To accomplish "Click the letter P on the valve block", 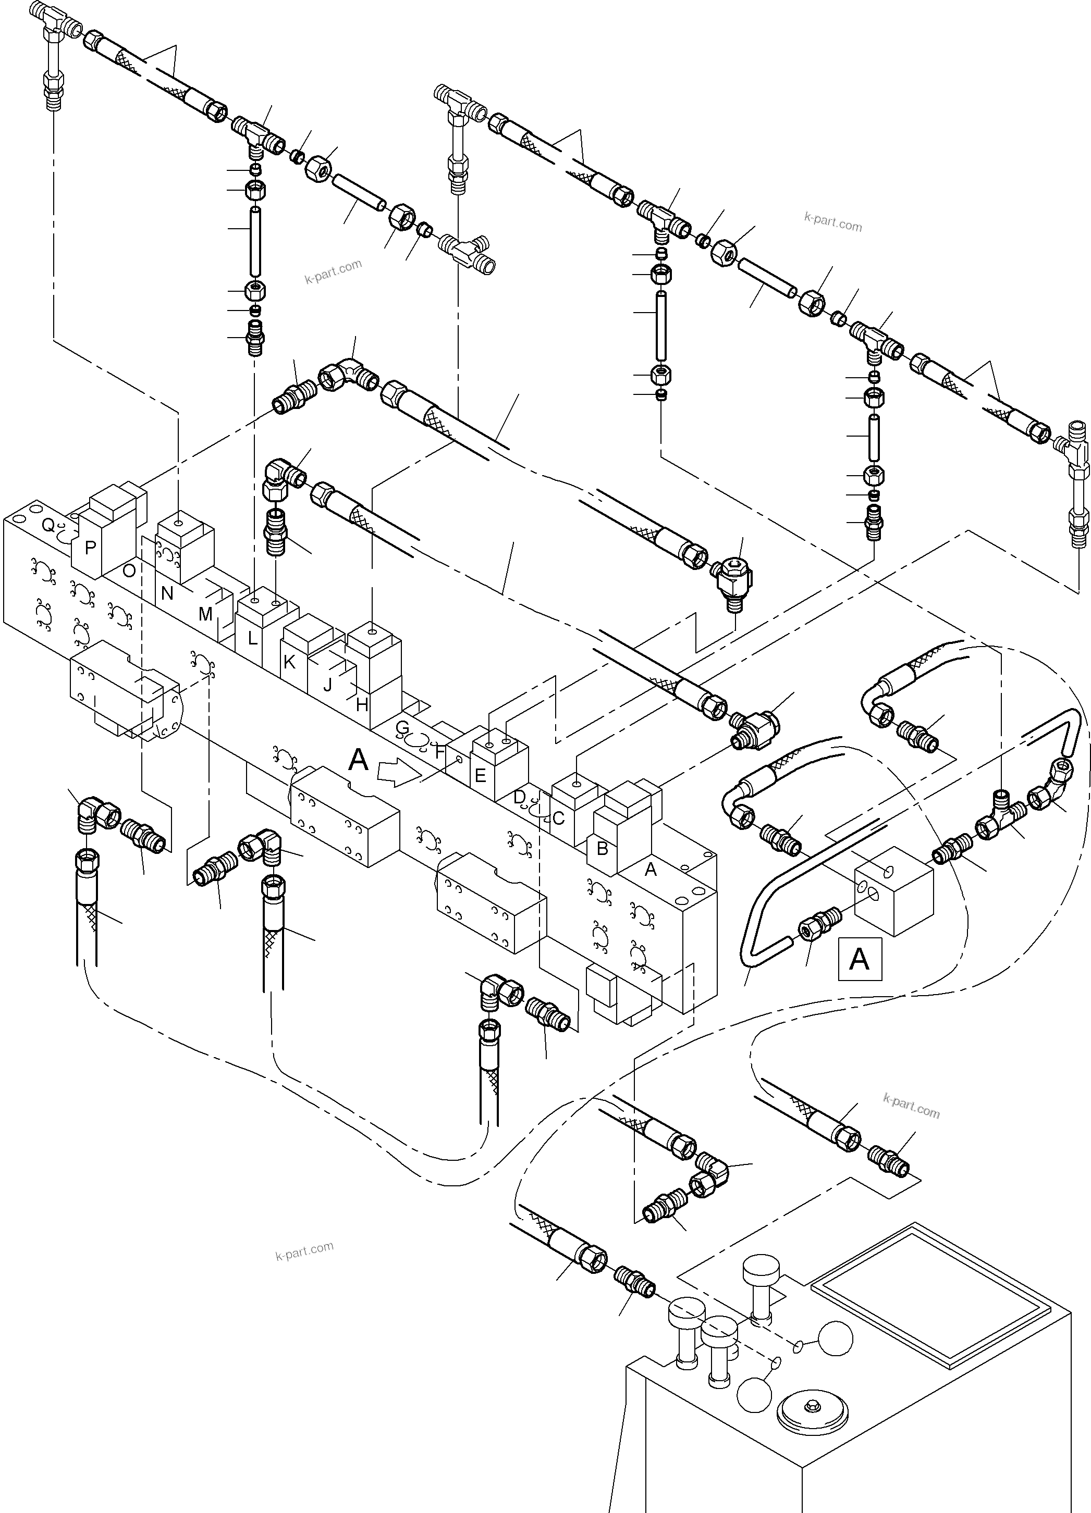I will (90, 548).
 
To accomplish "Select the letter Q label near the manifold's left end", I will (48, 526).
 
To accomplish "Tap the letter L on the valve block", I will (252, 638).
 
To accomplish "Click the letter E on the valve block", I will (479, 776).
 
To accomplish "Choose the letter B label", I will (602, 849).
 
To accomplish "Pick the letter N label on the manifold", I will (167, 593).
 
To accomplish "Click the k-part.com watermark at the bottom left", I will (304, 1251).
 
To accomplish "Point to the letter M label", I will (205, 614).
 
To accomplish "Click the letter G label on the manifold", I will (402, 727).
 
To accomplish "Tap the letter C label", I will (558, 818).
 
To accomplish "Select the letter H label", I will (362, 704).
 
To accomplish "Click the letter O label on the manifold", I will (129, 571).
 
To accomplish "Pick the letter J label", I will (327, 685).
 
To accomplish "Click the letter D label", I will (519, 797).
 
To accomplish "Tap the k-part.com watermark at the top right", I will (833, 221).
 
